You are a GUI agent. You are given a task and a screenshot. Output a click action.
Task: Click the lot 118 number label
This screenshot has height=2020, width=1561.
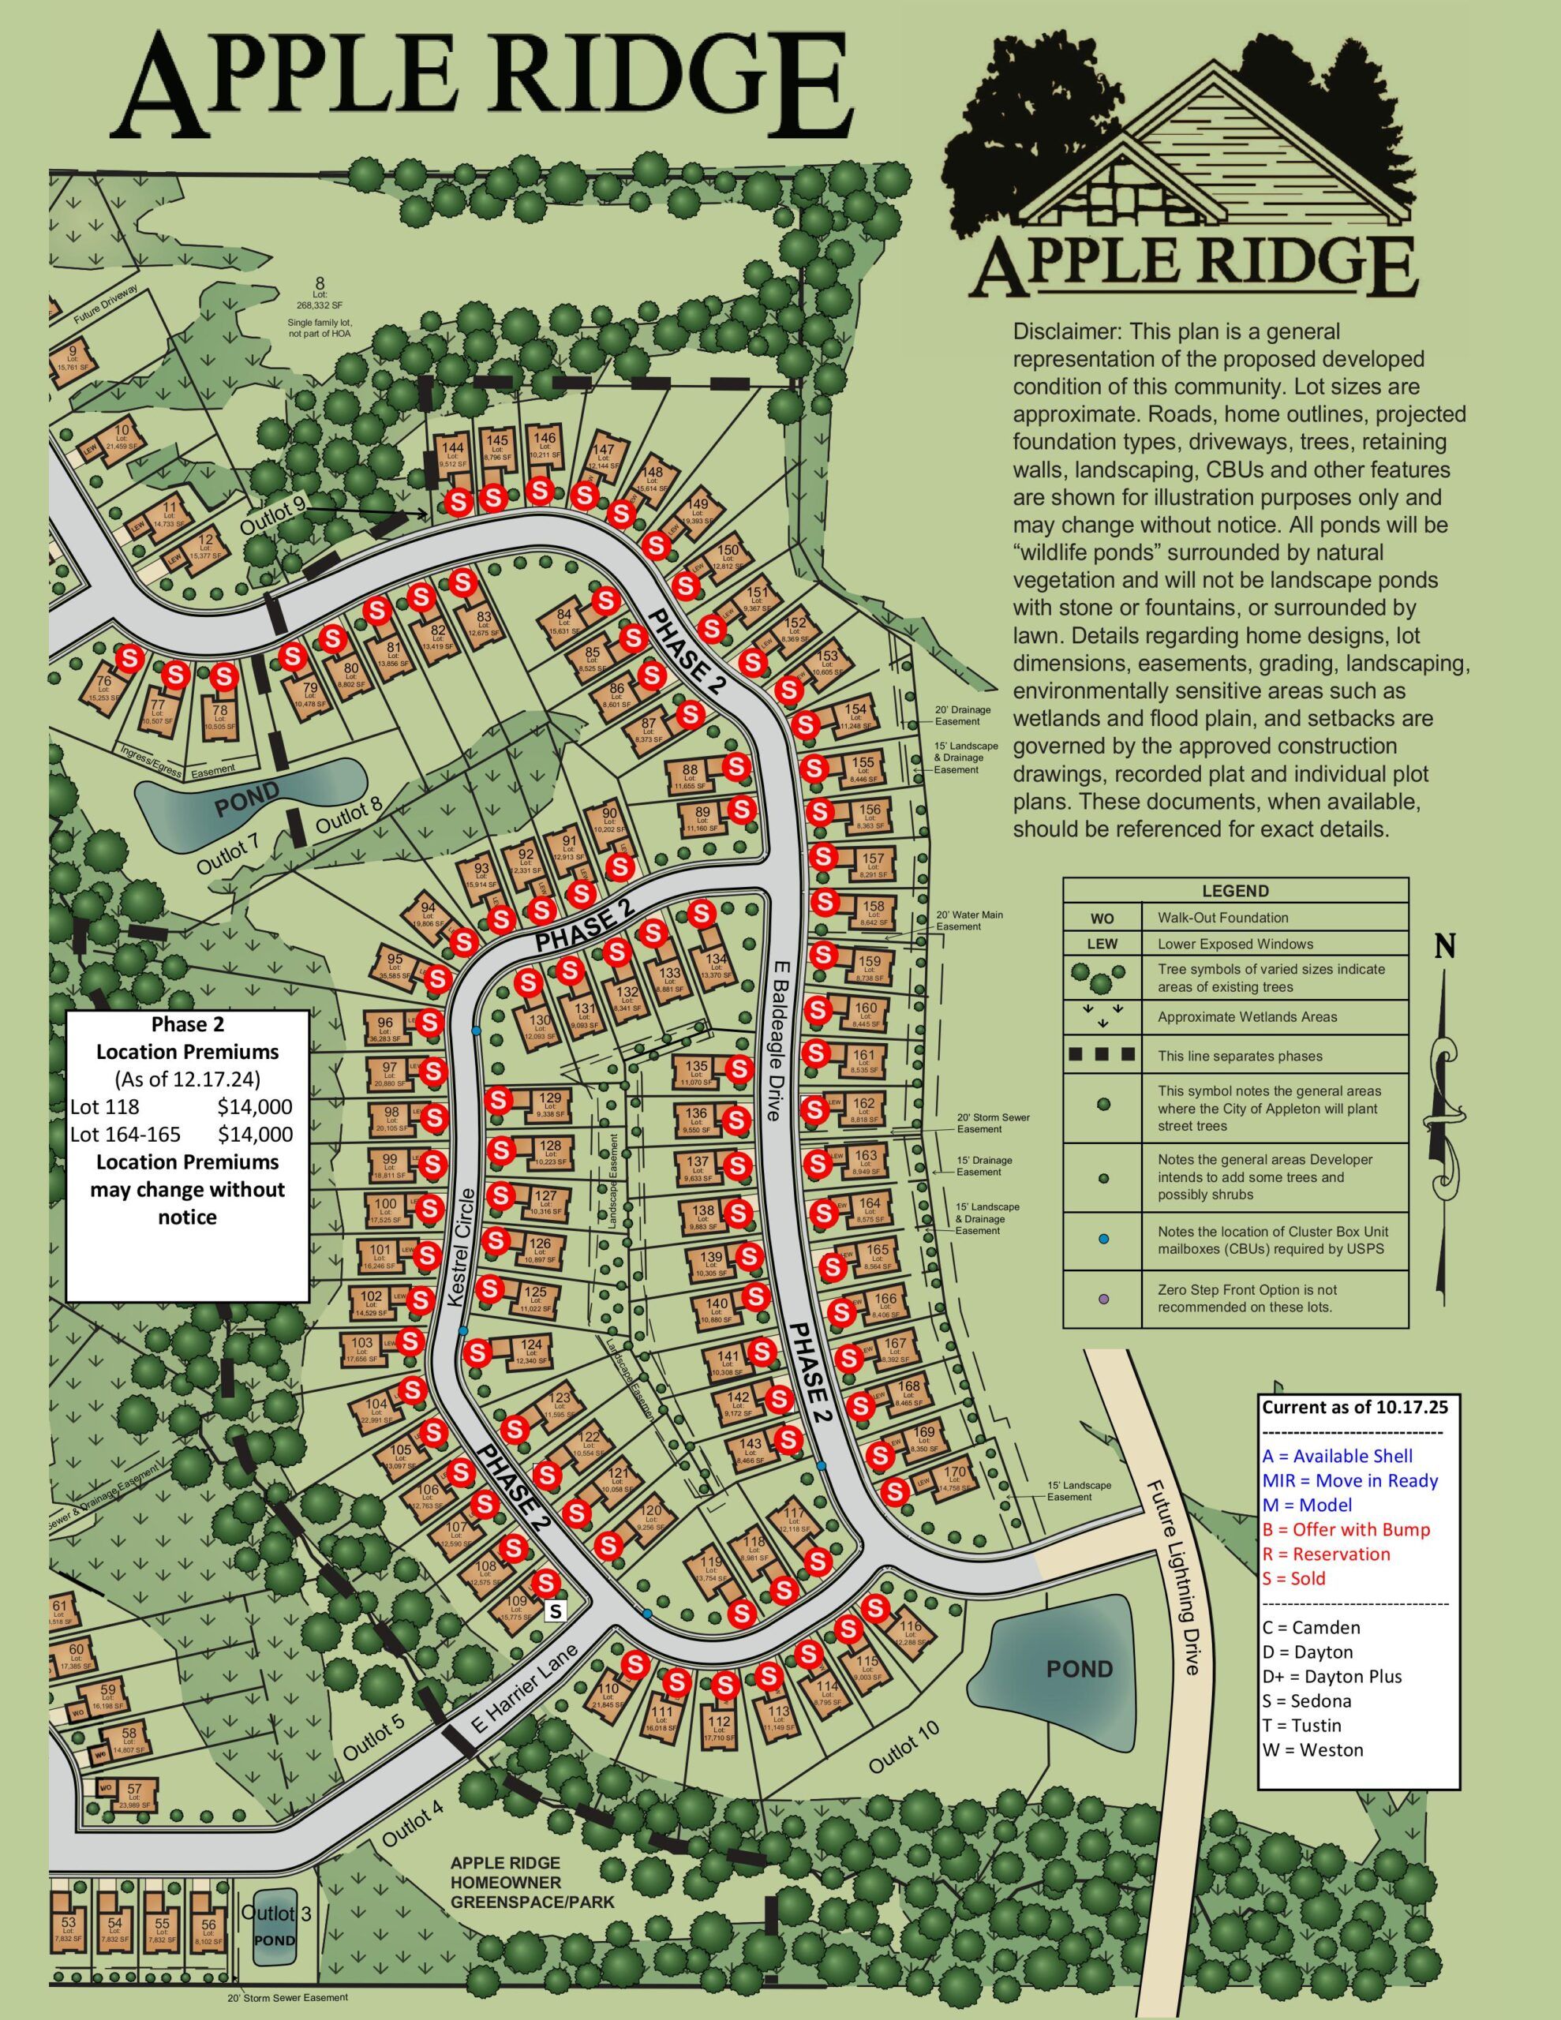click(x=754, y=1543)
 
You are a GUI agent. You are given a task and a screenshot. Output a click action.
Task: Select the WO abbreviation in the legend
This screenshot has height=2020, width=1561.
click(x=1102, y=918)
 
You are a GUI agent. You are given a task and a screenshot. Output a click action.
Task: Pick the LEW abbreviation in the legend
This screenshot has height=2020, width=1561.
click(x=1102, y=945)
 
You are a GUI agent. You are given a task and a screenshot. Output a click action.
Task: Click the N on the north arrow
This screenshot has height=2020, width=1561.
click(x=1445, y=946)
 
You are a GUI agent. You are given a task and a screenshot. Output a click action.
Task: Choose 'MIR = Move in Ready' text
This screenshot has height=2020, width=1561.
click(x=1350, y=1481)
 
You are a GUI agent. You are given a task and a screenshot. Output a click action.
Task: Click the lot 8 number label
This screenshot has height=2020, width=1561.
click(x=320, y=283)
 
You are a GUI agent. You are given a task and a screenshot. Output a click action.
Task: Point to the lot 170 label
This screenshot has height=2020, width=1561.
click(x=953, y=1472)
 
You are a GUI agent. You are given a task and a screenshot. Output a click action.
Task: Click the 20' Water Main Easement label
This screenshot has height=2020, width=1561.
click(x=969, y=920)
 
